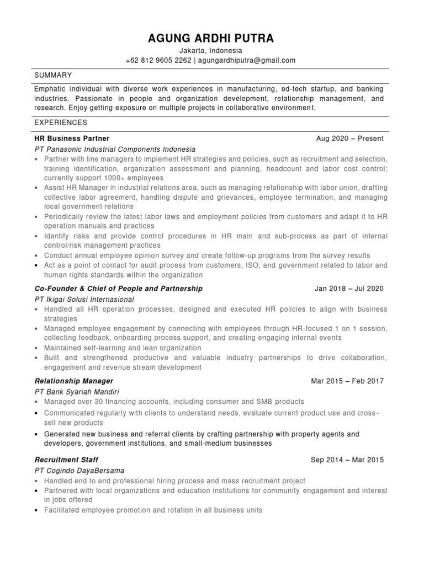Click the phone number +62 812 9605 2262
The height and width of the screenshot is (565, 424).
click(157, 60)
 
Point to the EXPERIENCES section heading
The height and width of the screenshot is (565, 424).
click(60, 122)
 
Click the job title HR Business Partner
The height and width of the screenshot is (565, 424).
click(72, 138)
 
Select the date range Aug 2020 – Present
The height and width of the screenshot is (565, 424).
click(349, 138)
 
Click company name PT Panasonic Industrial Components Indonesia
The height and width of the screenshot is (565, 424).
click(115, 149)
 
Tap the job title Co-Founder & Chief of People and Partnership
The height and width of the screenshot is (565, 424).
click(118, 289)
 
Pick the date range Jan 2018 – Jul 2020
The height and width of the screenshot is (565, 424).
click(349, 289)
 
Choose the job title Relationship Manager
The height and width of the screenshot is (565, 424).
click(73, 381)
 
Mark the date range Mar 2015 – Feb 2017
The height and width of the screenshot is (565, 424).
click(347, 381)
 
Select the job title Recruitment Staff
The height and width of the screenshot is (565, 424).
click(66, 460)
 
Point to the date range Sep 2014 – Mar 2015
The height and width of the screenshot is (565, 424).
click(347, 460)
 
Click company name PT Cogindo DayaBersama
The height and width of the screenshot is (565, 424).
click(79, 470)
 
